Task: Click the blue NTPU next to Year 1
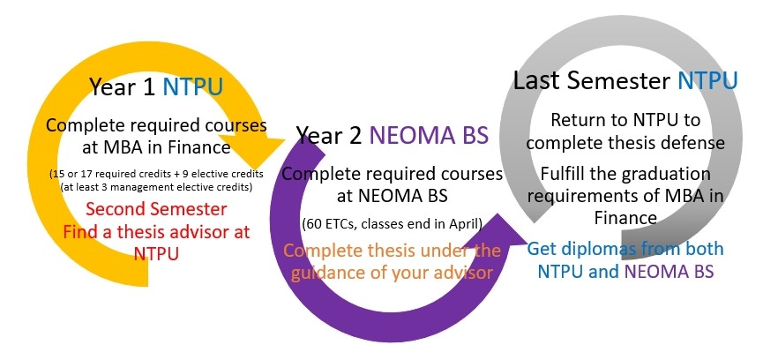193,86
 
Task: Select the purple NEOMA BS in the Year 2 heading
429,135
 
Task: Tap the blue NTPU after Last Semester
707,80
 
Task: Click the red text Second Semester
156,208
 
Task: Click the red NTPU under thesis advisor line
156,254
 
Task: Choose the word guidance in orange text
326,274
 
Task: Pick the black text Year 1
123,86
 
